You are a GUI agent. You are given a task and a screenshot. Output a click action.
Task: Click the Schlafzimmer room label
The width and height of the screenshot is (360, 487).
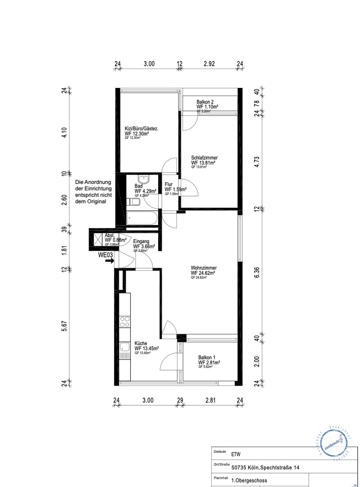(204, 158)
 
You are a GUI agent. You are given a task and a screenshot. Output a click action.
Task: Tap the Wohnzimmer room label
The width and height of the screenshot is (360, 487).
(203, 268)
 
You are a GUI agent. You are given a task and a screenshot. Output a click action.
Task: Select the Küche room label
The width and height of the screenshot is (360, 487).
(141, 343)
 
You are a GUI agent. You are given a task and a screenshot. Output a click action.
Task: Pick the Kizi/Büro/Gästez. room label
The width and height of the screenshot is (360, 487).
(141, 129)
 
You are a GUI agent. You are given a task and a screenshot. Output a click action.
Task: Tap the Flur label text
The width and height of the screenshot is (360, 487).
(169, 184)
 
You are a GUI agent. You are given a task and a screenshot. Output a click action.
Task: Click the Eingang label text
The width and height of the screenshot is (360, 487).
(141, 242)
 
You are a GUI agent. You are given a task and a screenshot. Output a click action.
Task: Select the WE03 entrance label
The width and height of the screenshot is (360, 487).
(106, 255)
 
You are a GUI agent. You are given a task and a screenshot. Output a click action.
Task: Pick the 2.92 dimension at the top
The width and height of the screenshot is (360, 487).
(209, 64)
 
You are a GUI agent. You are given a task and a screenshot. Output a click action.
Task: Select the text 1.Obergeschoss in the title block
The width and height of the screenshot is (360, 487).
(249, 481)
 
